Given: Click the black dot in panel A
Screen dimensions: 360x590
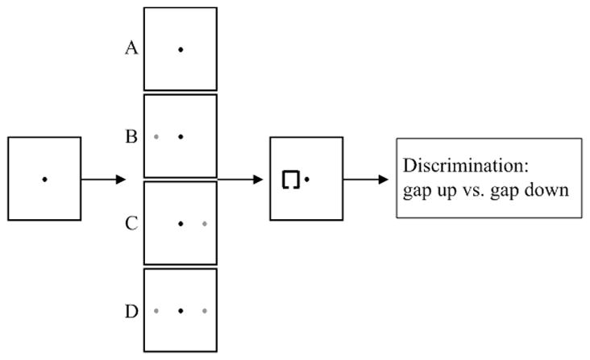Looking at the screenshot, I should pyautogui.click(x=181, y=50).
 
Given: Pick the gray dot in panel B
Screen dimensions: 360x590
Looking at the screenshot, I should pyautogui.click(x=156, y=137).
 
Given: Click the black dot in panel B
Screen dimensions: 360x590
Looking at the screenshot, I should pyautogui.click(x=181, y=137).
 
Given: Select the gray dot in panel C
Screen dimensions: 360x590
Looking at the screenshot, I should pyautogui.click(x=206, y=223).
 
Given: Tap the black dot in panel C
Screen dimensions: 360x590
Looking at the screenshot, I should pyautogui.click(x=181, y=223).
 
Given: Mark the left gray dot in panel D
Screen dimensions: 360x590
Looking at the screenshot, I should pyautogui.click(x=156, y=310).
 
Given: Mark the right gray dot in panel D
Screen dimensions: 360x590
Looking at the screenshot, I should pyautogui.click(x=206, y=310).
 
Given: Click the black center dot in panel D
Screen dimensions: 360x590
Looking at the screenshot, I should pyautogui.click(x=181, y=310).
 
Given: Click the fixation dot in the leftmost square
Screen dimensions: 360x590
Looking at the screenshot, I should pyautogui.click(x=44, y=179).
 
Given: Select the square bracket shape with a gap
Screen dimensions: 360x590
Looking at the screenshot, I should pyautogui.click(x=291, y=180).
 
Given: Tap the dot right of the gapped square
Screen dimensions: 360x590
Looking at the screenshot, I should pyautogui.click(x=308, y=179).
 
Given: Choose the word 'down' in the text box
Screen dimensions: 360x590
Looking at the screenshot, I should pyautogui.click(x=548, y=191).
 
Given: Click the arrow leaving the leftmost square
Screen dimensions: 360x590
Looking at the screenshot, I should pyautogui.click(x=103, y=179).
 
